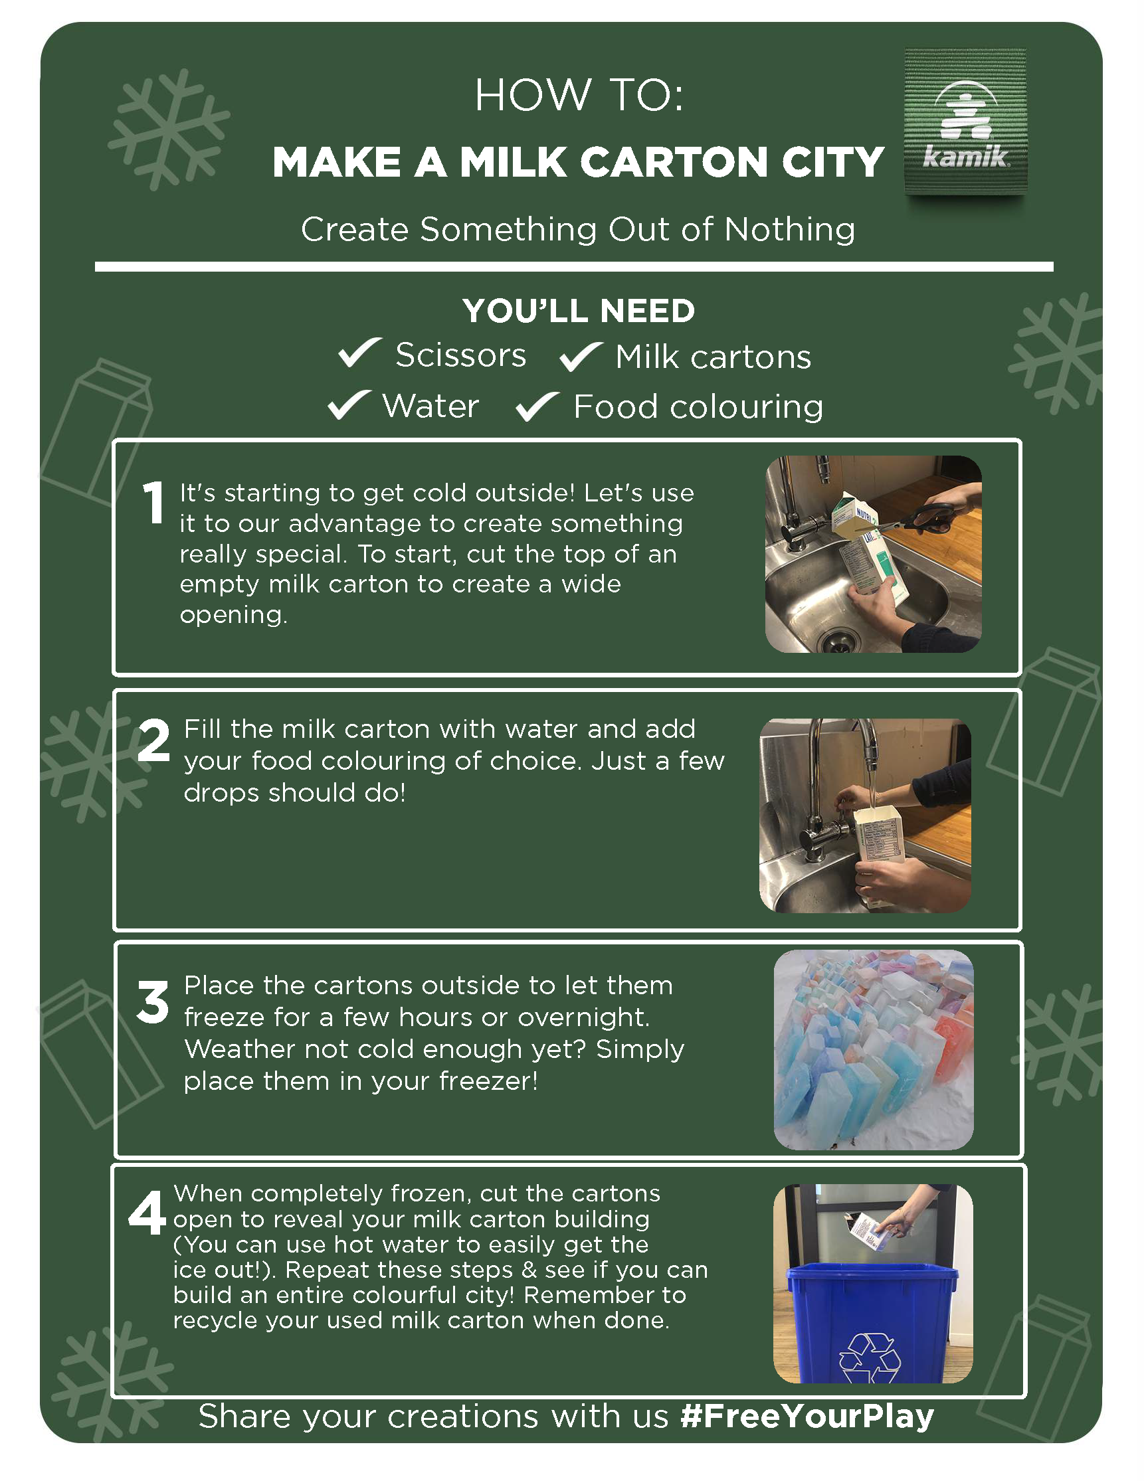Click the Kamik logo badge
point(965,122)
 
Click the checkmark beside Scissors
point(360,353)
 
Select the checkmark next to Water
point(349,405)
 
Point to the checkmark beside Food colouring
point(538,407)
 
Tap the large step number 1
point(154,503)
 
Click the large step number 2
point(154,740)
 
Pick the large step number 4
point(147,1213)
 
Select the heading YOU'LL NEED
point(579,311)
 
